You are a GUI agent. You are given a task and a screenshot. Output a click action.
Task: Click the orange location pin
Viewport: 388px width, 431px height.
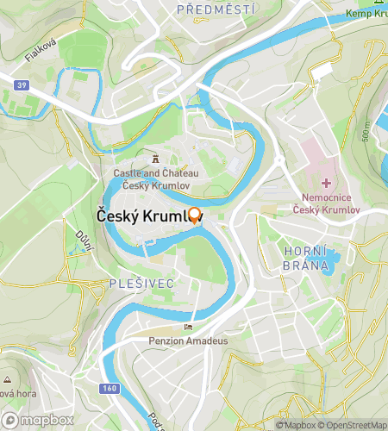(195, 215)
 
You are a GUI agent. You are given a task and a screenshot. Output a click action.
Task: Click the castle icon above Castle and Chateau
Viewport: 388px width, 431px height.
(156, 159)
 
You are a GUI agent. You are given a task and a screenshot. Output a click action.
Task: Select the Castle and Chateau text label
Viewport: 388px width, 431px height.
(156, 178)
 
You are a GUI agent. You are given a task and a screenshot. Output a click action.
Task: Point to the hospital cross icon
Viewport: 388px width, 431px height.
(327, 183)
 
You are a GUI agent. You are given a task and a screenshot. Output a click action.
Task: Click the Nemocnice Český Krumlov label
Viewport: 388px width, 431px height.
(326, 203)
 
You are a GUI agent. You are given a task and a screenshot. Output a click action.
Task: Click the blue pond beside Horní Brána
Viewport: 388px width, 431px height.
(322, 259)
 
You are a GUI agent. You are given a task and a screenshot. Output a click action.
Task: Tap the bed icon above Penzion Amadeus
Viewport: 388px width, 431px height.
(189, 327)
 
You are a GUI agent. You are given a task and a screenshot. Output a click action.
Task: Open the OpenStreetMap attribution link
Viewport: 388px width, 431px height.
(354, 425)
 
